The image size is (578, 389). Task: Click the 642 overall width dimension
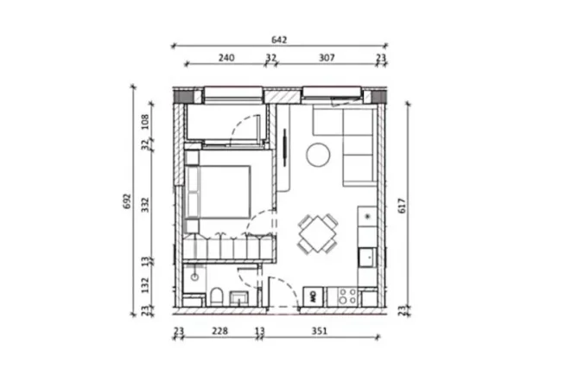pyautogui.click(x=278, y=40)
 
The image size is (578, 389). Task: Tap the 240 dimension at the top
pyautogui.click(x=226, y=58)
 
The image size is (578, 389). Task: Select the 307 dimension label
pyautogui.click(x=327, y=58)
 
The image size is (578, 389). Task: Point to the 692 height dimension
pyautogui.click(x=127, y=201)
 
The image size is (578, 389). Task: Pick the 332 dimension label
pyautogui.click(x=145, y=204)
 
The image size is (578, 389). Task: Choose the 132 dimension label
pyautogui.click(x=145, y=281)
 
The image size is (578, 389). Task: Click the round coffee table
pyautogui.click(x=318, y=156)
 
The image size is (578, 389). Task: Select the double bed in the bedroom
pyautogui.click(x=223, y=191)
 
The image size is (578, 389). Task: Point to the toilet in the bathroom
pyautogui.click(x=215, y=297)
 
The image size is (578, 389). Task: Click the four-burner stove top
pyautogui.click(x=348, y=297)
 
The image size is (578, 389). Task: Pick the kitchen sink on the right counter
pyautogui.click(x=367, y=257)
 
